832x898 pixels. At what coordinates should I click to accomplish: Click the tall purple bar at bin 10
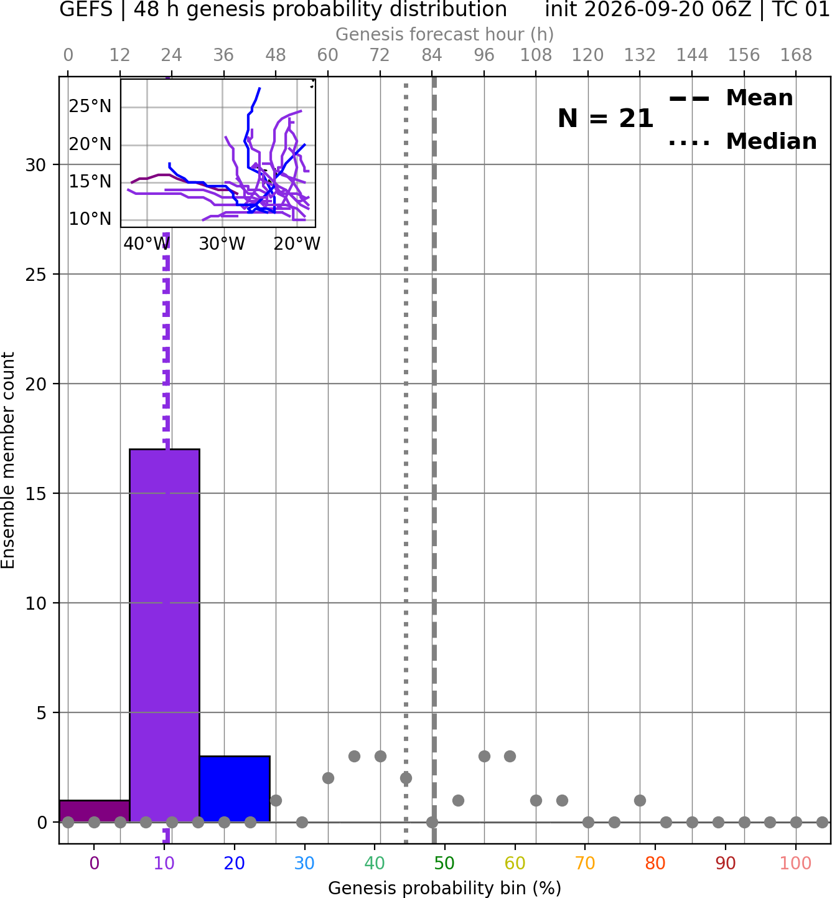click(x=164, y=635)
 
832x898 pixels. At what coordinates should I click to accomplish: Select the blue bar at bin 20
click(x=235, y=789)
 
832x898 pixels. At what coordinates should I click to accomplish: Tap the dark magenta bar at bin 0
click(x=95, y=811)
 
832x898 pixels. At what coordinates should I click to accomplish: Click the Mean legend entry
click(x=731, y=98)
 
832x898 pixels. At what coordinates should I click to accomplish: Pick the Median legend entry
click(x=742, y=141)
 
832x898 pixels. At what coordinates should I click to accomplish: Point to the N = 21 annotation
click(x=605, y=118)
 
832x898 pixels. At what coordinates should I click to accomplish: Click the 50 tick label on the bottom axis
click(x=444, y=864)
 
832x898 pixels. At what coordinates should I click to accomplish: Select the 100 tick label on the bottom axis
click(x=795, y=864)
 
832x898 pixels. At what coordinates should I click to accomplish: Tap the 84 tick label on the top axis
click(x=432, y=55)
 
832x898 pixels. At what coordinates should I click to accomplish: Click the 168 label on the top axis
click(x=796, y=55)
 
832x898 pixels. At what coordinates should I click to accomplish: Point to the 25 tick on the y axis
click(x=36, y=275)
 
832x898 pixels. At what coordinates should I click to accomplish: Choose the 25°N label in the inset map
click(x=90, y=106)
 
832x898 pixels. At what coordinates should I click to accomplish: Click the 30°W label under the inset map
click(x=222, y=244)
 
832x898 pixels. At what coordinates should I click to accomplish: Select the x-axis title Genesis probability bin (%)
click(x=445, y=888)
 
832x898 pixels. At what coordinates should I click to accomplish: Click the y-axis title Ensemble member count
click(x=8, y=460)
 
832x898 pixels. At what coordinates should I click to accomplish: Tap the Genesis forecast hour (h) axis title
click(x=445, y=34)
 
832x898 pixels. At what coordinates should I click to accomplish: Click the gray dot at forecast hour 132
click(x=640, y=800)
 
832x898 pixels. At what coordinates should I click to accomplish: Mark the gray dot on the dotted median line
click(x=406, y=778)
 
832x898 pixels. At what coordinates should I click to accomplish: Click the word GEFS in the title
click(x=86, y=9)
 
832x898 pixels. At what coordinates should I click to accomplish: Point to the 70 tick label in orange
click(x=585, y=864)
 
